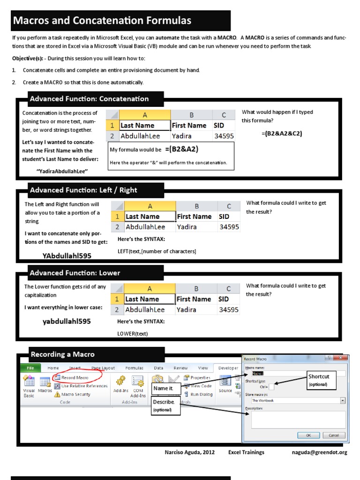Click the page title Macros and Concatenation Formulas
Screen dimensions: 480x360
[102, 21]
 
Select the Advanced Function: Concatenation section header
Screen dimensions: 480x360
[89, 99]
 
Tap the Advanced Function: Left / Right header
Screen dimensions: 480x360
[83, 190]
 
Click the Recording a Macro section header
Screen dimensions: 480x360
[62, 354]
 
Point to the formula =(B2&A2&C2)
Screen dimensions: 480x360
[282, 134]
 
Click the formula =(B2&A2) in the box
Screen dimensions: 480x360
[181, 150]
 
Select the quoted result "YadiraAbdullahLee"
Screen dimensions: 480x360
[62, 172]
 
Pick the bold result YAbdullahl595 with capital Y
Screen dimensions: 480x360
[67, 256]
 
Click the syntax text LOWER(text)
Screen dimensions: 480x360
[132, 334]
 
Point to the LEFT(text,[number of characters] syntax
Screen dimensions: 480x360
[157, 251]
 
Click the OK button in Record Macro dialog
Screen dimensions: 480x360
[308, 435]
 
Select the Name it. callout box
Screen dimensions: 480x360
[164, 389]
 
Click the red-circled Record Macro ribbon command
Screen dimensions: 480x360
[75, 377]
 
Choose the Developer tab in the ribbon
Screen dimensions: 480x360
[228, 368]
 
